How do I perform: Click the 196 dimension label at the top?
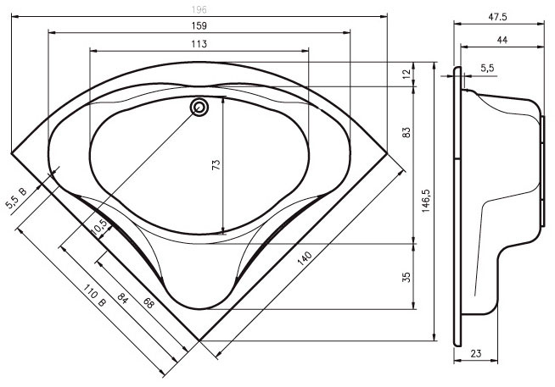pos(199,9)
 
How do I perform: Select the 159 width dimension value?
pos(199,25)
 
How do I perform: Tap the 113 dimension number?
pos(199,44)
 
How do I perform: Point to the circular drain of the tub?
pos(199,108)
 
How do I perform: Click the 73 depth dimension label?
pos(216,164)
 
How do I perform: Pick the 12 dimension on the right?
pos(407,74)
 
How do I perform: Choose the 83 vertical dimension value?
pos(407,132)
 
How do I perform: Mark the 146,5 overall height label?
pos(426,201)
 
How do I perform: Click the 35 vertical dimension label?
pos(407,277)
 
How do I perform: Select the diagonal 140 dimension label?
pos(305,258)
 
